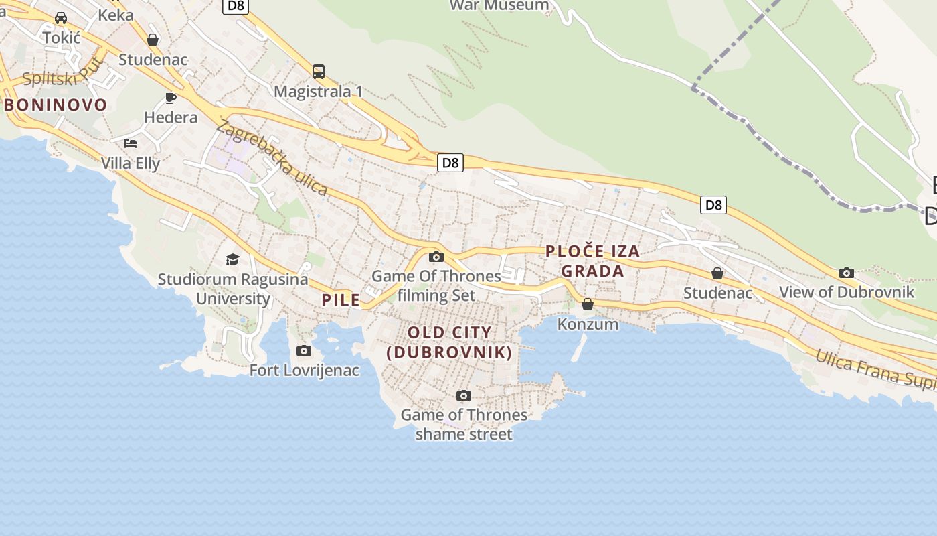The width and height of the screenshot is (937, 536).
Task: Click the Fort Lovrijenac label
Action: pos(305,370)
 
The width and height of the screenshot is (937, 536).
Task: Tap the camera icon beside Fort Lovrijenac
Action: pos(304,350)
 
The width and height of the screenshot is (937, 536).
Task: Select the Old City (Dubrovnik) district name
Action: pos(450,342)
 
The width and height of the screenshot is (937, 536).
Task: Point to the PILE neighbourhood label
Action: pos(341,299)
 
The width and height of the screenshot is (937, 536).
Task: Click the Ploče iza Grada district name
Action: pos(593,261)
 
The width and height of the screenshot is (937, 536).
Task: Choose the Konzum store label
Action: pos(588,324)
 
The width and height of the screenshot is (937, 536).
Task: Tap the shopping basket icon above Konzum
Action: pos(588,304)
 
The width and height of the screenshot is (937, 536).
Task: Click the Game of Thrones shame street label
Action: pos(464,424)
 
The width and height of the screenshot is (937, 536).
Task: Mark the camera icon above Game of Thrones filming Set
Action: pos(436,257)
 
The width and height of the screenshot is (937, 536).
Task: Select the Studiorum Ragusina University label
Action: pos(233,289)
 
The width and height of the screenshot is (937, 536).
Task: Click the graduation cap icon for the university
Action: pos(232,259)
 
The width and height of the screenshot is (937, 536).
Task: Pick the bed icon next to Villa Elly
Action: pos(131,143)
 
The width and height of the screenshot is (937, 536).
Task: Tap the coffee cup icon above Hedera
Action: pos(171,98)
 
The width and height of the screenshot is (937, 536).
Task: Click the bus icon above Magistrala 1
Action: pos(319,71)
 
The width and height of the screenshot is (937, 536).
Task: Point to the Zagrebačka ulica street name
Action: pos(272,157)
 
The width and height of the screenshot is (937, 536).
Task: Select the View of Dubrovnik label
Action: pos(847,292)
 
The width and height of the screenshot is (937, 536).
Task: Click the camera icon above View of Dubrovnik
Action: pos(847,273)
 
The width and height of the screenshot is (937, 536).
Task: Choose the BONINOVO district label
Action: pos(56,105)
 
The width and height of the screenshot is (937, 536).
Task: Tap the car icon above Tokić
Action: pos(61,18)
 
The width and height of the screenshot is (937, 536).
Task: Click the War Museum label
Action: pos(499,6)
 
